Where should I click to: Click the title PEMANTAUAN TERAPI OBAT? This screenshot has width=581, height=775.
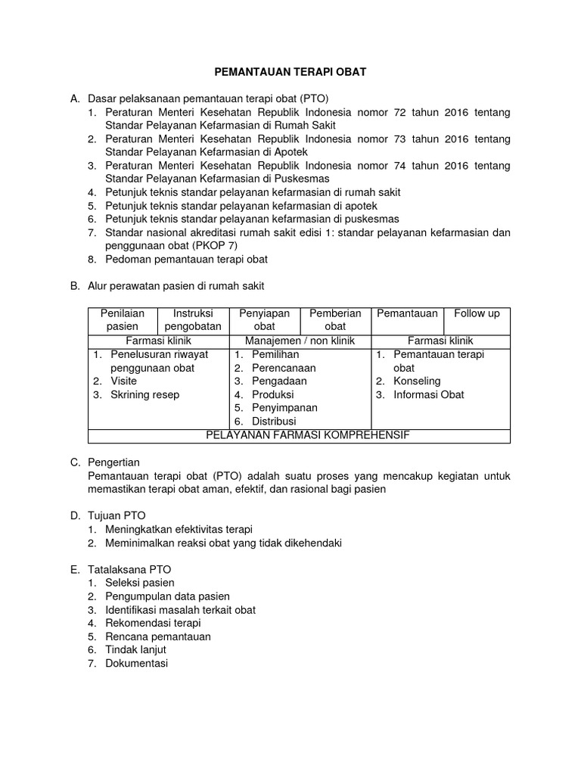coord(291,71)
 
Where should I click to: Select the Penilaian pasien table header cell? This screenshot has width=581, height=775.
coord(122,319)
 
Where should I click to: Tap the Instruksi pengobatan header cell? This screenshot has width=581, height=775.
coord(192,319)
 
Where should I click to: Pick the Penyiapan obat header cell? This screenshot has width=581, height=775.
coord(264,319)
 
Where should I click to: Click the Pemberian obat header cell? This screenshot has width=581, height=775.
coord(335,319)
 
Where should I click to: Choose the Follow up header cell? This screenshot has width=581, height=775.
coord(477,313)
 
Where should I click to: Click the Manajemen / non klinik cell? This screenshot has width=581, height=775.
coord(300,341)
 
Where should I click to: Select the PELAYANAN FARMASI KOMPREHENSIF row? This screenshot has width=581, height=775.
coord(300,435)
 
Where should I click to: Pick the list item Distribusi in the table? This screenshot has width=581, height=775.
coord(274,421)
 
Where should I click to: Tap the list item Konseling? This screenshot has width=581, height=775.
coord(417,381)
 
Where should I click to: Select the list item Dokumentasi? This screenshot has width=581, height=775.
coord(137,663)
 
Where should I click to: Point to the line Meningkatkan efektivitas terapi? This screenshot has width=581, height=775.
coord(179,529)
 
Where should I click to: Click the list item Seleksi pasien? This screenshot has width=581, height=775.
coord(140,583)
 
